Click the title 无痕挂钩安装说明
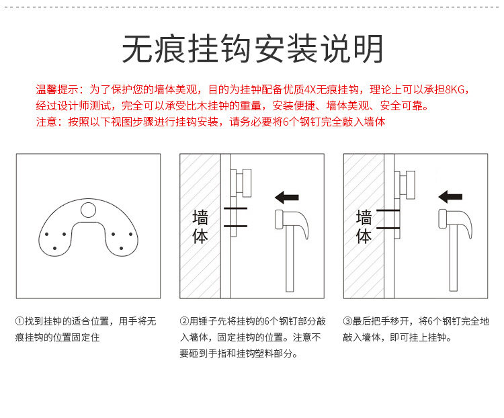tap(252, 48)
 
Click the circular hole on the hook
tap(88, 210)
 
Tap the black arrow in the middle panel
tap(287, 197)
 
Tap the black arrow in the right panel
tap(450, 197)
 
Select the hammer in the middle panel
tap(290, 249)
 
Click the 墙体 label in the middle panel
tap(200, 226)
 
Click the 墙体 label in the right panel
tap(364, 226)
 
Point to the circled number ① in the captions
tap(19, 322)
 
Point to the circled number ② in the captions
tap(185, 322)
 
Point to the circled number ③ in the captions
tap(348, 322)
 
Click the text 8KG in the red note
tap(454, 89)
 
